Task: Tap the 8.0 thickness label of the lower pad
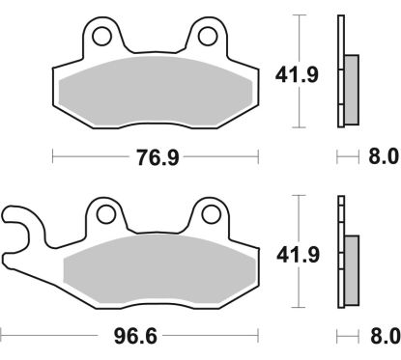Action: (384, 337)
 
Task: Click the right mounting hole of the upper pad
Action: (207, 37)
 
